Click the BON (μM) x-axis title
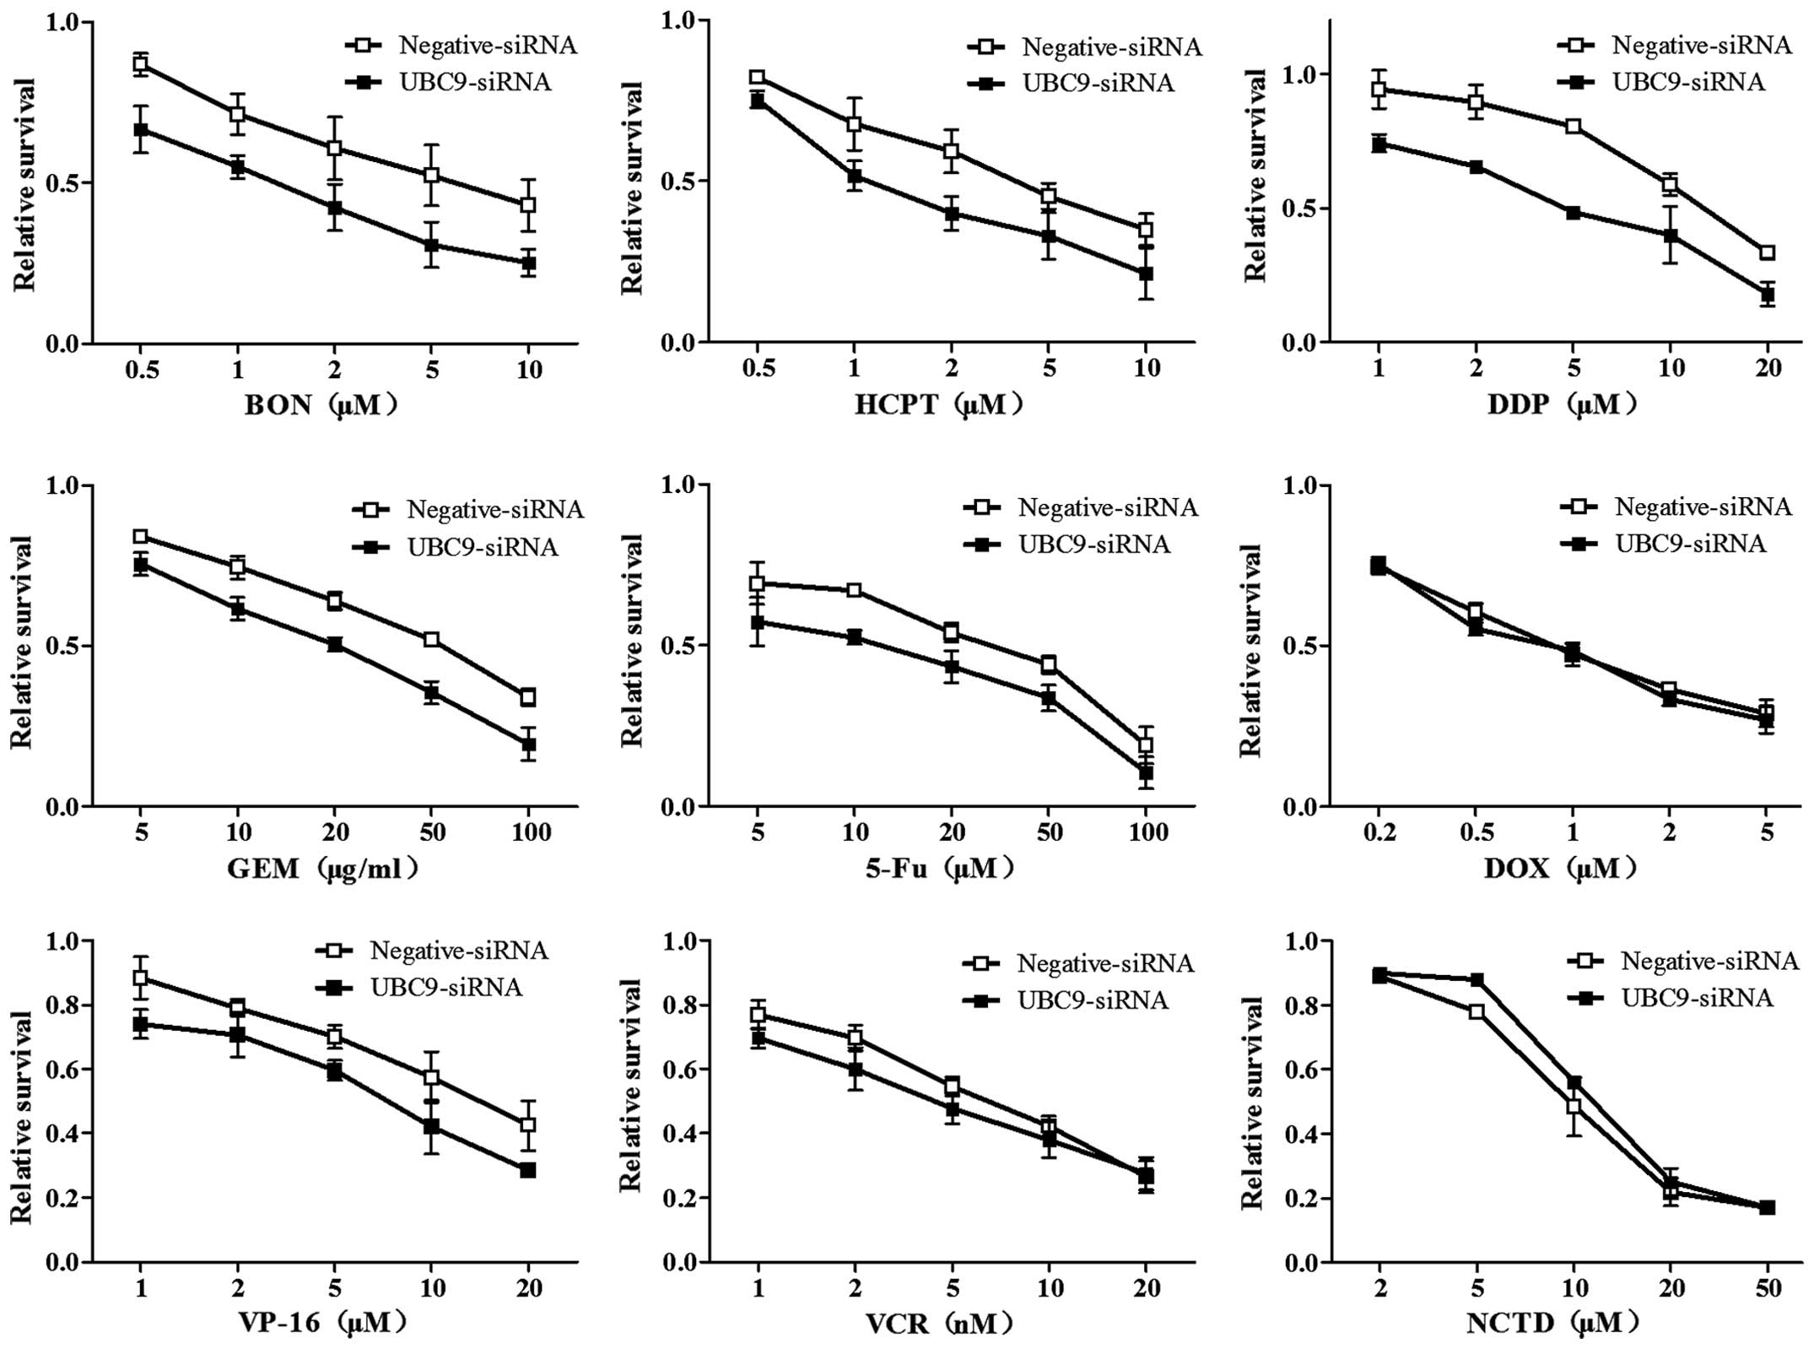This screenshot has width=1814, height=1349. (x=321, y=405)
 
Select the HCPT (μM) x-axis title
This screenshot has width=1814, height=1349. (x=938, y=405)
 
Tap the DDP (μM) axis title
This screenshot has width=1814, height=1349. (x=1562, y=405)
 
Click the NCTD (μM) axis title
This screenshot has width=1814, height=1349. (x=1552, y=1322)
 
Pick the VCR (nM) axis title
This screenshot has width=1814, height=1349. (x=938, y=1322)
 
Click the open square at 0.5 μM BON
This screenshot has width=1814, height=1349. (x=141, y=64)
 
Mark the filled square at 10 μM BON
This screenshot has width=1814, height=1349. (x=528, y=263)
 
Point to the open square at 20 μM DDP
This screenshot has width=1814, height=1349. (x=1767, y=252)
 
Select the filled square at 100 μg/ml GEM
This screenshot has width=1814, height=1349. (x=528, y=745)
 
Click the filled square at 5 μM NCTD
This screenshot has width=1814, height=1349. (x=1477, y=980)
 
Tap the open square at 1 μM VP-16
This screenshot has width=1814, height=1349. (x=141, y=978)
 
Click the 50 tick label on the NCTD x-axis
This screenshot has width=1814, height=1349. (x=1767, y=1288)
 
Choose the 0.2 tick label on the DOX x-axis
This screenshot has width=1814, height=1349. (x=1379, y=833)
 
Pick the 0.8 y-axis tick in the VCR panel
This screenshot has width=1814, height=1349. (x=681, y=1005)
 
